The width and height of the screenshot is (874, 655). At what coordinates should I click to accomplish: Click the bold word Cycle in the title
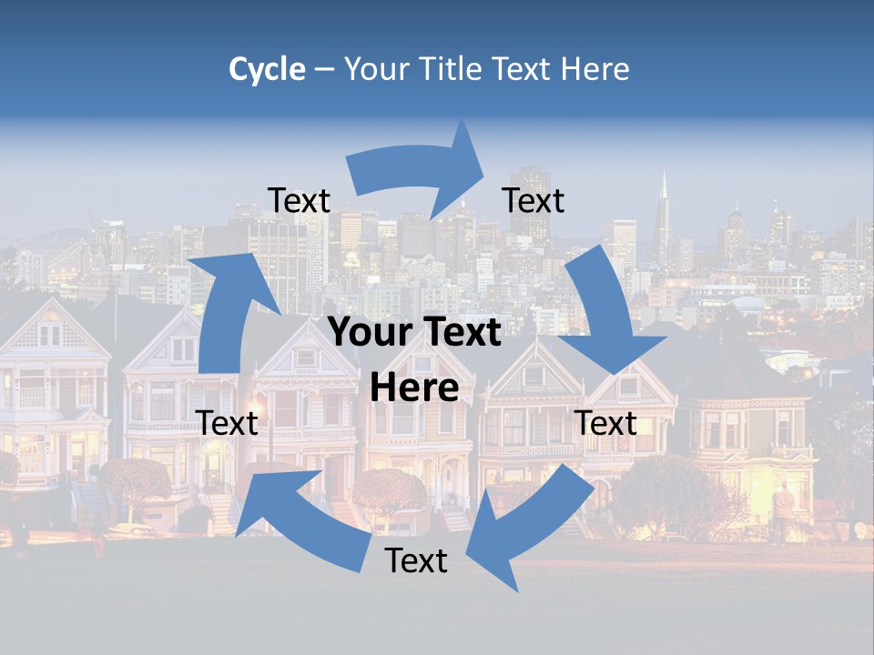coord(267,69)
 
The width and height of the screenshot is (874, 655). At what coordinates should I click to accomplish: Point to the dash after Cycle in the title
coord(323,70)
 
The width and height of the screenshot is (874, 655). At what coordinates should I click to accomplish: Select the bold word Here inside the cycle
coord(414,388)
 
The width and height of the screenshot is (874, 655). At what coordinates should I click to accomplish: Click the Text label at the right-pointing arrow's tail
coord(299,200)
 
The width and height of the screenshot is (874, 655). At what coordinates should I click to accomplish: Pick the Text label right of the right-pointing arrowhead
coord(534,200)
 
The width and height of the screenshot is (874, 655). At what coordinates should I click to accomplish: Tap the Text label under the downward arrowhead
coord(606,423)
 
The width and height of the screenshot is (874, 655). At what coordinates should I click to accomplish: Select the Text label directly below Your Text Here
coord(416,560)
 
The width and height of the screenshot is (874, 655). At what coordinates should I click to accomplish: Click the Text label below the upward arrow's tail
coord(228,423)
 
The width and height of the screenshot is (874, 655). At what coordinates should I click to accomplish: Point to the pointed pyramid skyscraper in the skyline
coord(664,214)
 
